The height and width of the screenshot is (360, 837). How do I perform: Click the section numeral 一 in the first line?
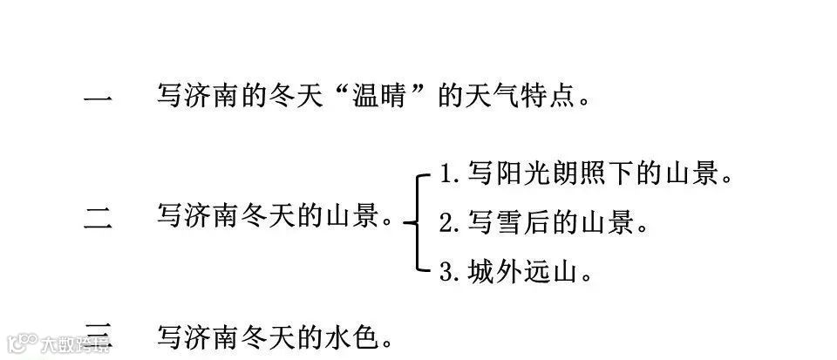(x=97, y=98)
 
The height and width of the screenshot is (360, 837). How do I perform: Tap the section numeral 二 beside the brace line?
(x=97, y=217)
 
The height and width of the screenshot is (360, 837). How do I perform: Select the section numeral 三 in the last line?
(x=97, y=335)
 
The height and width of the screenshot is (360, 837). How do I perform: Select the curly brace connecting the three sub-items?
(x=417, y=221)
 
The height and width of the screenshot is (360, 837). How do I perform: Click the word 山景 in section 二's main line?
(x=357, y=215)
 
